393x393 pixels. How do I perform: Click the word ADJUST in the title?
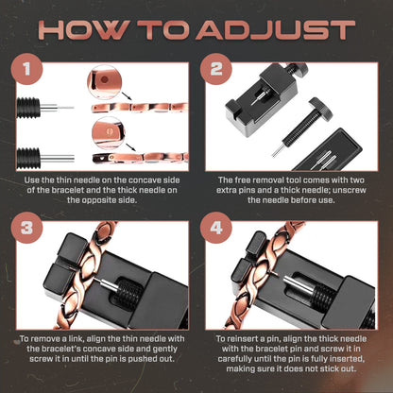pyautogui.click(x=276, y=30)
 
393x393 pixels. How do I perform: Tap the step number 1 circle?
pyautogui.click(x=26, y=69)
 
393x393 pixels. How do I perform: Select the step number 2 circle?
pyautogui.click(x=216, y=69)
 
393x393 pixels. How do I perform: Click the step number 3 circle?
pyautogui.click(x=26, y=228)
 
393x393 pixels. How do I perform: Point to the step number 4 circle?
pyautogui.click(x=216, y=228)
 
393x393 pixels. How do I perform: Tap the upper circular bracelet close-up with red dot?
pyautogui.click(x=105, y=82)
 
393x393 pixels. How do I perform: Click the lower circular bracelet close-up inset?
pyautogui.click(x=108, y=133)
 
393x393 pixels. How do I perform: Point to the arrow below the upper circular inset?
pyautogui.click(x=127, y=96)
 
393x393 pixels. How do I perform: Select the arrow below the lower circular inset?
pyautogui.click(x=131, y=147)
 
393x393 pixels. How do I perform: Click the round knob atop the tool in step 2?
pyautogui.click(x=297, y=69)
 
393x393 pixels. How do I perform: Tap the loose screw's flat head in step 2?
pyautogui.click(x=320, y=109)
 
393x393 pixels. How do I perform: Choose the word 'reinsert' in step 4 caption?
pyautogui.click(x=245, y=339)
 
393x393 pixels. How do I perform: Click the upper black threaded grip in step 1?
pyautogui.click(x=28, y=108)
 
